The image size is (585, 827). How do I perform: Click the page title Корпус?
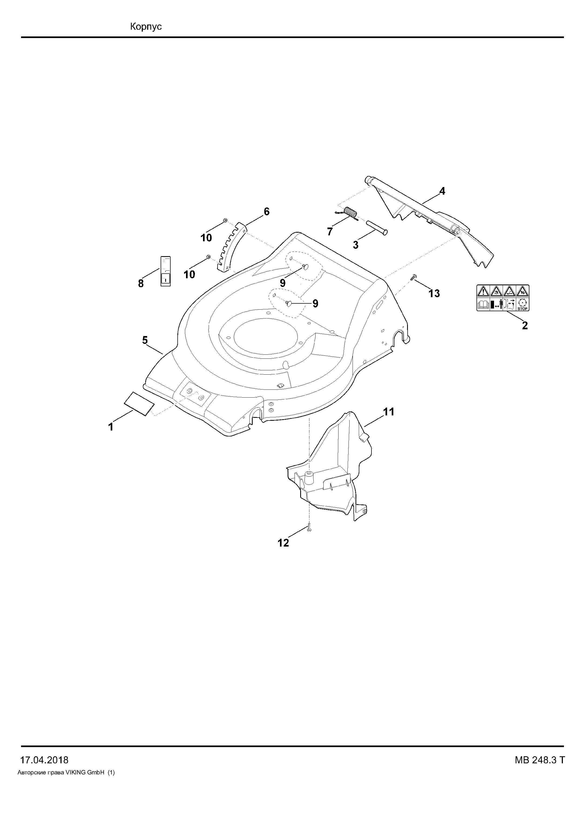click(x=146, y=27)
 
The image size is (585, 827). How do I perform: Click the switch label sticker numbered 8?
click(x=165, y=271)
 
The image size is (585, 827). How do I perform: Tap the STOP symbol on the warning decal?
click(x=523, y=305)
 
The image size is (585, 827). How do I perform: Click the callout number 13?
click(x=434, y=294)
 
